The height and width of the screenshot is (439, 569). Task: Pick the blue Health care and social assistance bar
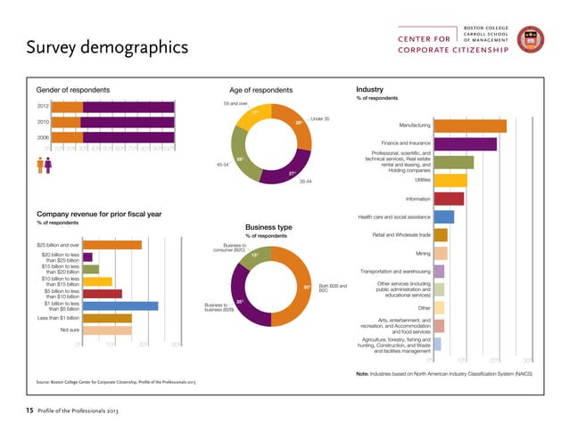coord(444,216)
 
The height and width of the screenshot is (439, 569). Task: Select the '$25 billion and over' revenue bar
coord(112,245)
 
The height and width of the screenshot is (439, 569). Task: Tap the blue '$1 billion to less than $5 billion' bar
coord(120,305)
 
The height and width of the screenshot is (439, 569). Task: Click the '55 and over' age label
coord(235,103)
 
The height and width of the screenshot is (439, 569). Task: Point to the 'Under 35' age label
coord(321,118)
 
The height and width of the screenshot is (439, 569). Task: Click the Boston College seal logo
coord(532,39)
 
